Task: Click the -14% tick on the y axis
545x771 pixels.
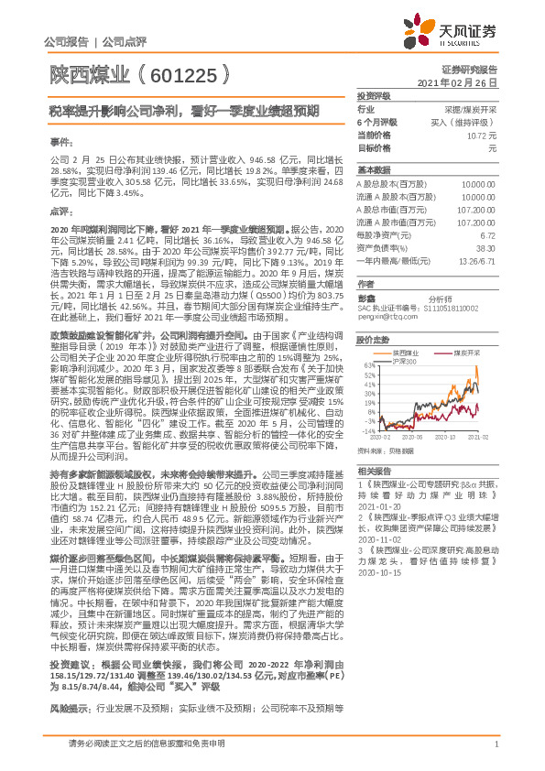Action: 365,429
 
